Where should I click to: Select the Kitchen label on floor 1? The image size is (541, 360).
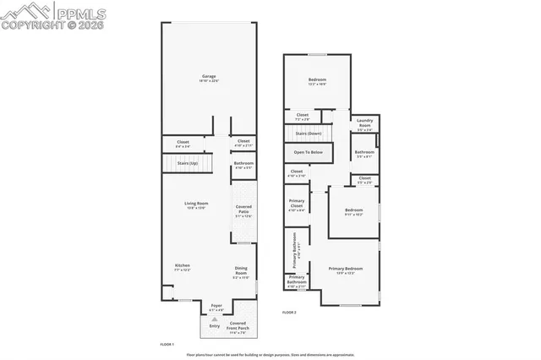[x=183, y=268]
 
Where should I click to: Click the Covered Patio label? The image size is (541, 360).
[x=243, y=211]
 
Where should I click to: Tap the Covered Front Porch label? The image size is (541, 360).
[x=238, y=326]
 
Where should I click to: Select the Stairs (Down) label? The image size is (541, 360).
[x=308, y=134]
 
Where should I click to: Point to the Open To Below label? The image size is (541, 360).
[x=308, y=152]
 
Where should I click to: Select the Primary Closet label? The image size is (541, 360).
[x=296, y=205]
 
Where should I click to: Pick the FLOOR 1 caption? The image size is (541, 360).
[x=167, y=344]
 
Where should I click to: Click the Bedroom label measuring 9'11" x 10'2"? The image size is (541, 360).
[x=352, y=212]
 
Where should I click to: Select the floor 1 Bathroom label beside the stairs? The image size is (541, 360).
[x=243, y=165]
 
